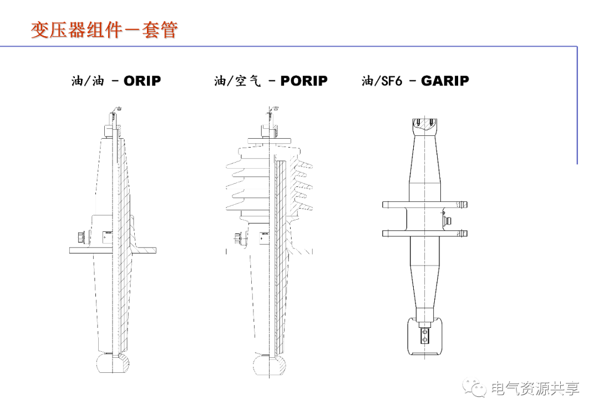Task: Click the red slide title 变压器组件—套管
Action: click(104, 30)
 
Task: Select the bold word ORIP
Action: click(142, 80)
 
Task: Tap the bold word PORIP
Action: click(304, 80)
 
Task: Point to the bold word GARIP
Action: click(445, 80)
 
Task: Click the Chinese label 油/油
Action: click(88, 80)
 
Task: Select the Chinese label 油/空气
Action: click(237, 80)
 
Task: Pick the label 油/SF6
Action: click(382, 80)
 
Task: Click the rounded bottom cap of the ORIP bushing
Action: click(112, 363)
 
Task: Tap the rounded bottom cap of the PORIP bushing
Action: click(270, 365)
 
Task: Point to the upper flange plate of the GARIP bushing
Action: click(425, 205)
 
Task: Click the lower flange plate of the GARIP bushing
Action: click(425, 233)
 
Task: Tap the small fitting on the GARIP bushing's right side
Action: click(447, 220)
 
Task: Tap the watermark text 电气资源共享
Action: click(535, 388)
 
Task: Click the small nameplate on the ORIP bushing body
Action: click(108, 237)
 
